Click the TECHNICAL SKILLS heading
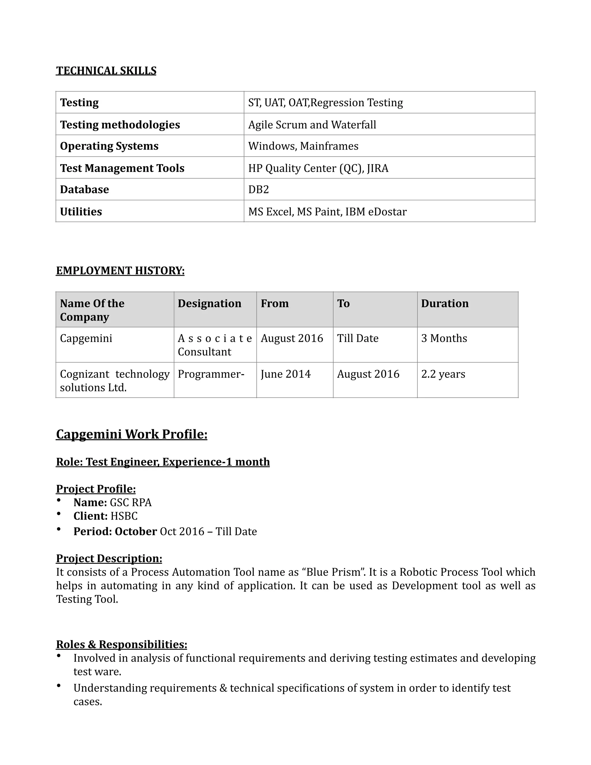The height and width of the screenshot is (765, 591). [106, 71]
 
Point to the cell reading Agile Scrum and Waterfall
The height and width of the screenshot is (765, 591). [312, 125]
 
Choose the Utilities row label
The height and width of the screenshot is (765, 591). [81, 212]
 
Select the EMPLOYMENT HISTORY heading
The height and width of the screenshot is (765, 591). [120, 270]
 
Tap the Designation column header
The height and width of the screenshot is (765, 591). [210, 303]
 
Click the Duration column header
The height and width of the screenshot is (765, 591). [445, 303]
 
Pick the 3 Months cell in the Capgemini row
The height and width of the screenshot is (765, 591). [444, 338]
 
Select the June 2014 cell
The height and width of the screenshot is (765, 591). [285, 374]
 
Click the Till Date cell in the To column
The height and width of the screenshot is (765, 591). [358, 338]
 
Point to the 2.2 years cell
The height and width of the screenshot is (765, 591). [443, 374]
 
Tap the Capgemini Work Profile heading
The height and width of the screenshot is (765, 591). [132, 434]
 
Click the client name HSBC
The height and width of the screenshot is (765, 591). [124, 516]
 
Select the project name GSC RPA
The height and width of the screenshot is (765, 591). [131, 503]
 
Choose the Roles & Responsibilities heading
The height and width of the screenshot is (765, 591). [121, 645]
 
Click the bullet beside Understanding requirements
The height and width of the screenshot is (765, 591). [59, 686]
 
